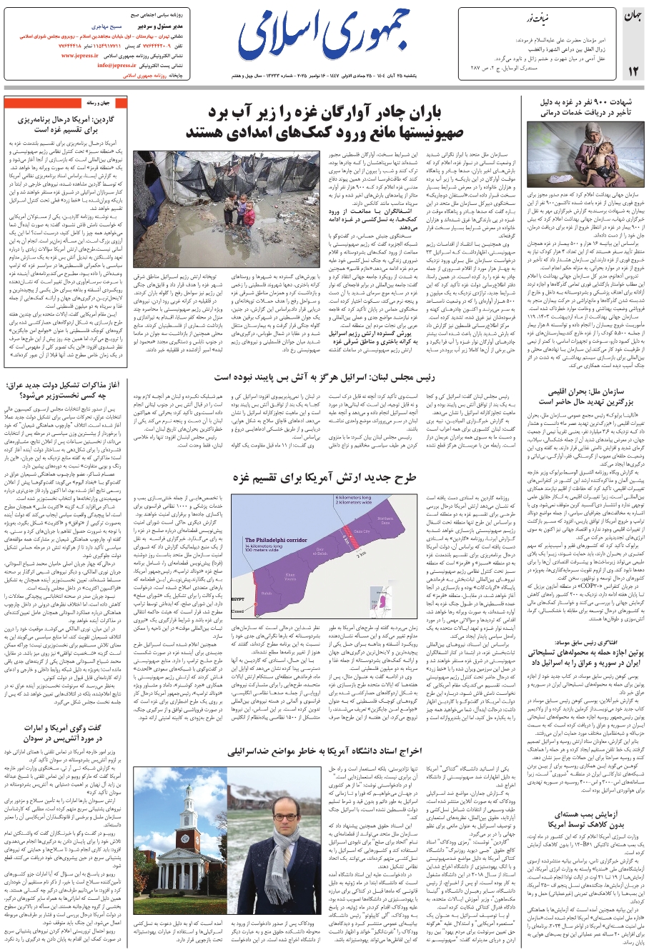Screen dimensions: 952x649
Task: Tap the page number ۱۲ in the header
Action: pos(633,69)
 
